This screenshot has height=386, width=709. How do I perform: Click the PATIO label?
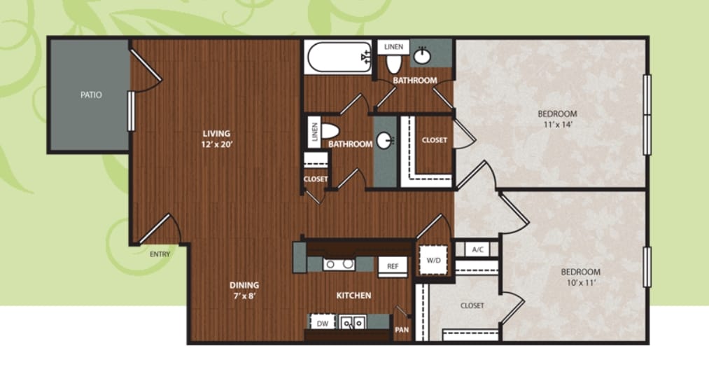click(x=91, y=95)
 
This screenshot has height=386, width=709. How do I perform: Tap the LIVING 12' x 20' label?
click(x=216, y=139)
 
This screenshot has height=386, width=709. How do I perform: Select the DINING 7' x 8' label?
click(x=244, y=291)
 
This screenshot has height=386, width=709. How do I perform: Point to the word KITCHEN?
click(x=353, y=296)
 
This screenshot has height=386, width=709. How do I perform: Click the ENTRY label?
click(x=160, y=254)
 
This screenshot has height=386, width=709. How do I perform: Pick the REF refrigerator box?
click(x=393, y=266)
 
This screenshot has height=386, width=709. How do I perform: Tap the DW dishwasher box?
click(x=323, y=323)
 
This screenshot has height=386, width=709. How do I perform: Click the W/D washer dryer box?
click(x=434, y=260)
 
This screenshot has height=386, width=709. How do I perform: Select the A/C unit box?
click(x=477, y=249)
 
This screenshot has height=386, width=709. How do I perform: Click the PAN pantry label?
click(x=402, y=330)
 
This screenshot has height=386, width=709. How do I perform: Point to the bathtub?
click(x=339, y=57)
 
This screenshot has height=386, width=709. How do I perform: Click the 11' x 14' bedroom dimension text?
click(x=558, y=125)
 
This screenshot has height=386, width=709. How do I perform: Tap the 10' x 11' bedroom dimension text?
click(x=581, y=283)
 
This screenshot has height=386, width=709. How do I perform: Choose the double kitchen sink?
click(x=353, y=322)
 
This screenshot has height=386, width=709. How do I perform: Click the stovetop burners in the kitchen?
click(x=339, y=264)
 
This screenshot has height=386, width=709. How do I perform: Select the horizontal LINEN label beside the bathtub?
click(x=393, y=47)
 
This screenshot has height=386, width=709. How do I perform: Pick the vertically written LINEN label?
click(x=315, y=132)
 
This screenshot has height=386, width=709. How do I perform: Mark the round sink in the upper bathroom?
click(x=422, y=56)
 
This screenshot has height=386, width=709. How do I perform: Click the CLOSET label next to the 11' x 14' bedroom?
click(x=435, y=140)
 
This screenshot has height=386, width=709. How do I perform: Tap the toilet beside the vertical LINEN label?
click(x=330, y=131)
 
